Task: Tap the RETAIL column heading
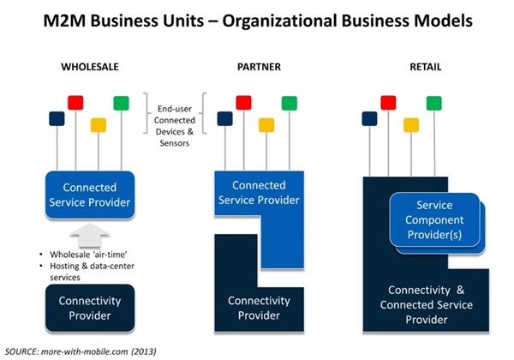pos(425,65)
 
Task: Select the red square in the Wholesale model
pos(75,102)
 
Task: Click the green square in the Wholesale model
pos(121,103)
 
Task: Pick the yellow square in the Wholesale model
pos(99,124)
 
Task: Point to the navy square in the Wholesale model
pos(57,118)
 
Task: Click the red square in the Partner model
pos(243,102)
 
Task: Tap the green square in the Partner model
pos(289,103)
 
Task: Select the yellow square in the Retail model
pos(411,124)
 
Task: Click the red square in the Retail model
pos(389,102)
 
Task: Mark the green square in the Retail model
pos(434,103)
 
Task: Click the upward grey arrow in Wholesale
pos(89,234)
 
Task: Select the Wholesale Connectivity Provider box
pos(89,309)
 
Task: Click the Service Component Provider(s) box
pos(433,219)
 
